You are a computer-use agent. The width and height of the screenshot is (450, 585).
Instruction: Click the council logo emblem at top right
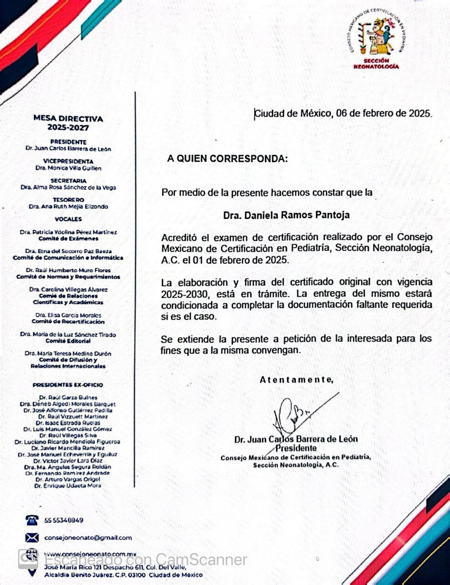(377, 37)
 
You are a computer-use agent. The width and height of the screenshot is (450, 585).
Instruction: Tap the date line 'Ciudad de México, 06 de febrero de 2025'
(343, 113)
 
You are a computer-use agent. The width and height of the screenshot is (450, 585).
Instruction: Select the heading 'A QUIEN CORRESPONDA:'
(228, 159)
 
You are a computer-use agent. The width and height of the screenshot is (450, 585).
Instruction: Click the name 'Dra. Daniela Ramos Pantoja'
(287, 215)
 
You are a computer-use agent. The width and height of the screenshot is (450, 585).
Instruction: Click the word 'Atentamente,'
(296, 379)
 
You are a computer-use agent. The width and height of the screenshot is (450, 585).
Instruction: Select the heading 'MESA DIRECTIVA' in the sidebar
(68, 119)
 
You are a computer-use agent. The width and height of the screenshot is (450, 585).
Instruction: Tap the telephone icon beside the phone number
(31, 520)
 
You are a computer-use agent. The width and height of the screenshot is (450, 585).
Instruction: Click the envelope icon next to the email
(31, 537)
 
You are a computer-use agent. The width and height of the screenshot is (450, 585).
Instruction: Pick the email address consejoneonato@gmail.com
(88, 537)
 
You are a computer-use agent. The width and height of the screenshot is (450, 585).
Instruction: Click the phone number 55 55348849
(64, 520)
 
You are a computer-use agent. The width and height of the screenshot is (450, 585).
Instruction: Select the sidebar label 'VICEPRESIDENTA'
(68, 161)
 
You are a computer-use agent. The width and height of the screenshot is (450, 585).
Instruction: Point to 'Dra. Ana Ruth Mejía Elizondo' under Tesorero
(68, 207)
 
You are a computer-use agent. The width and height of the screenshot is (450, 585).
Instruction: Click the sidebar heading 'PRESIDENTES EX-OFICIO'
(68, 385)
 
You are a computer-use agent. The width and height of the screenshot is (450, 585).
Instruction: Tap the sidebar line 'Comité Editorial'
(68, 341)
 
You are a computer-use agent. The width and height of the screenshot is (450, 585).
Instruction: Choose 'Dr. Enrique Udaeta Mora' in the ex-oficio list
(68, 486)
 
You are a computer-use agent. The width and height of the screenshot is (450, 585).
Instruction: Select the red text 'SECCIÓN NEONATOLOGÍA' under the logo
(377, 64)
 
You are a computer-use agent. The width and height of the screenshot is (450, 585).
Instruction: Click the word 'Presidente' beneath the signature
(296, 448)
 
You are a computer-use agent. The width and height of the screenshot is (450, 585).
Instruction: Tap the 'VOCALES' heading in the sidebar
(68, 219)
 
